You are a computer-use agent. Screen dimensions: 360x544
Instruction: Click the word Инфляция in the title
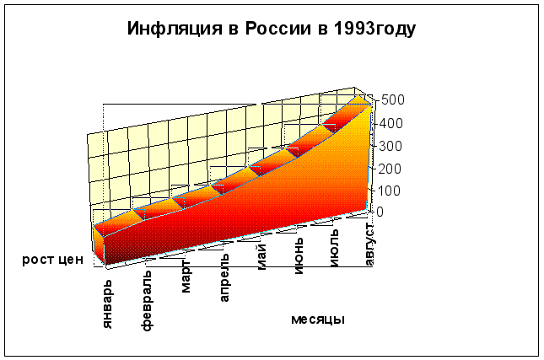click(x=174, y=29)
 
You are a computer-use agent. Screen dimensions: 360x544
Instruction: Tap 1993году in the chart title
click(x=375, y=29)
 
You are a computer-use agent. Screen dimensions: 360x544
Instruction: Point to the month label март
click(x=186, y=277)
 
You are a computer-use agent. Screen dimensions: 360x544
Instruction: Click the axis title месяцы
click(x=318, y=320)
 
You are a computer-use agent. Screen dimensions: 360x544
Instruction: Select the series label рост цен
click(x=52, y=260)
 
